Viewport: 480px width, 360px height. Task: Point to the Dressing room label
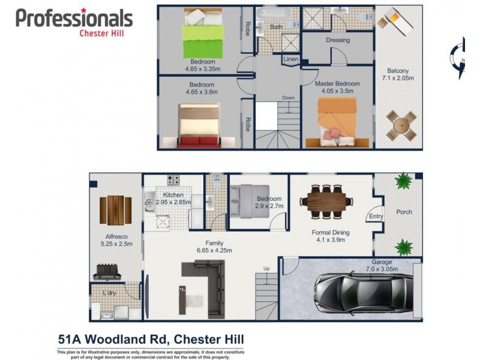click(x=338, y=41)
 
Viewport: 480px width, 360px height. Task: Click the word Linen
click(x=291, y=59)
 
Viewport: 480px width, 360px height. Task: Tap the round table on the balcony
click(x=400, y=126)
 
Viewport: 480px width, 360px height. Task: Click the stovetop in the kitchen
click(x=175, y=179)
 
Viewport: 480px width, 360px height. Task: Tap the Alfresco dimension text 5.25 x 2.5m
click(x=116, y=244)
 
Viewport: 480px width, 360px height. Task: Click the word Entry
click(x=376, y=217)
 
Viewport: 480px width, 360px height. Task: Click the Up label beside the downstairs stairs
click(x=266, y=268)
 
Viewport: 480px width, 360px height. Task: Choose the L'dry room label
click(x=109, y=293)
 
